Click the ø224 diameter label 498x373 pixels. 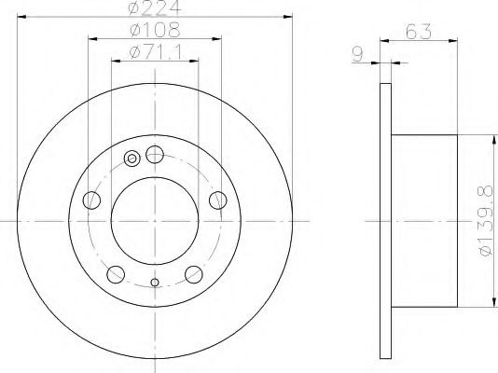point(155,10)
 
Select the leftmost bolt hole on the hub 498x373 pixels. point(90,200)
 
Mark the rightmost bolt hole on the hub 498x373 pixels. point(218,200)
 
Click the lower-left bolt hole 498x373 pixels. point(116,272)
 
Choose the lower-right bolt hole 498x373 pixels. point(194,272)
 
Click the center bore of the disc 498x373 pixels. point(155,221)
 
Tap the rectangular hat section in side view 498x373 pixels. point(424,221)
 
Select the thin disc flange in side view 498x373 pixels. point(385,221)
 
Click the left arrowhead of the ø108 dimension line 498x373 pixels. point(92,40)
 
